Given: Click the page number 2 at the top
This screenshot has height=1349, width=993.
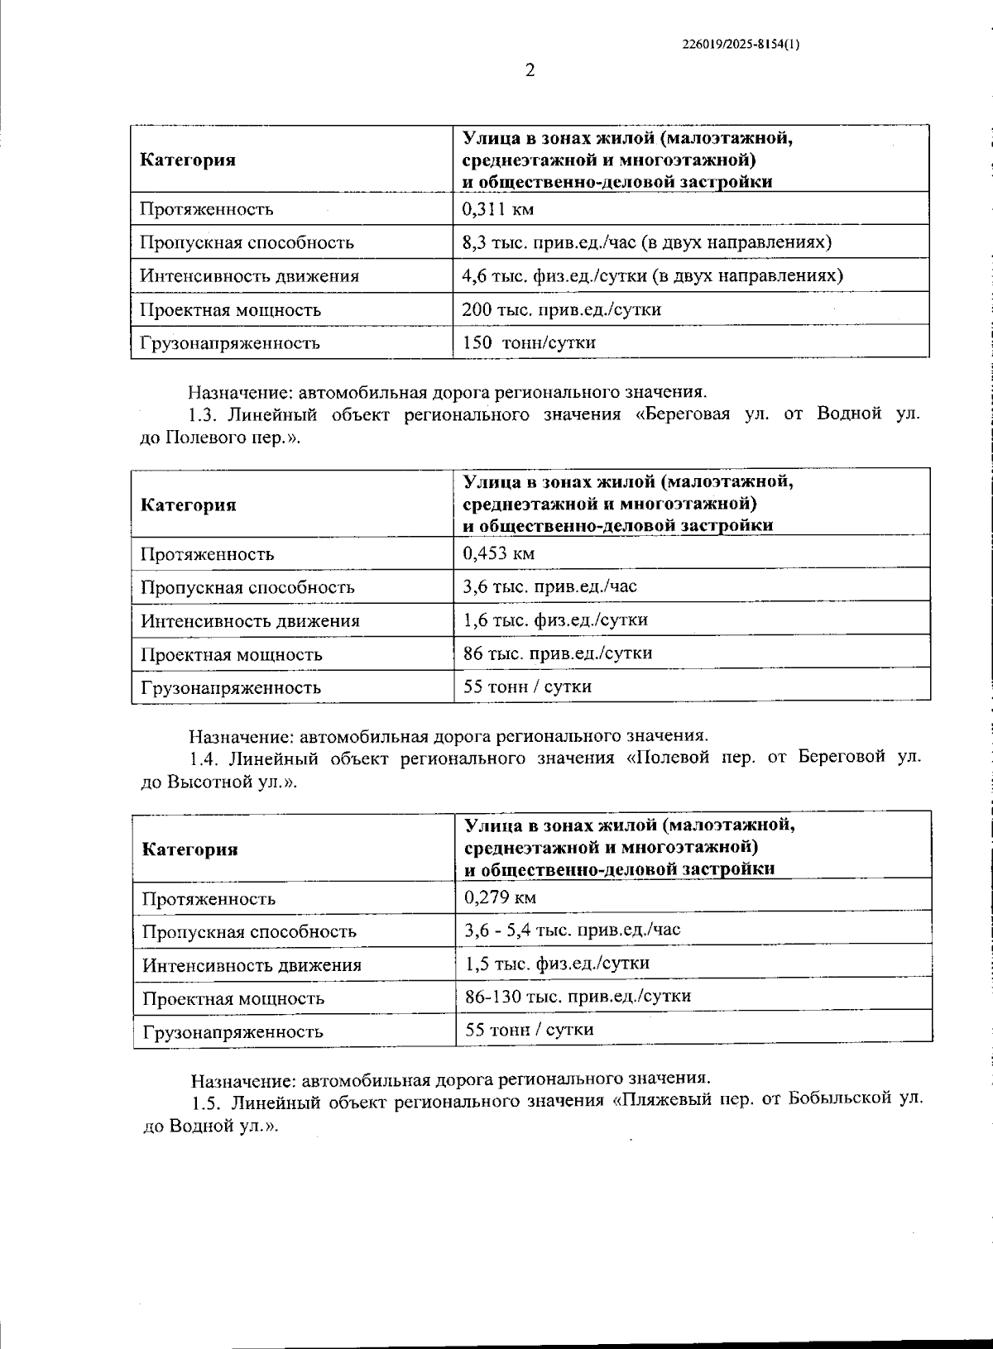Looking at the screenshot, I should (530, 70).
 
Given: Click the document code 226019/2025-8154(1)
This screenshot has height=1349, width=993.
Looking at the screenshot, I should (741, 45).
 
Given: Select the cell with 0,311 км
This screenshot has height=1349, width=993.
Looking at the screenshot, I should (498, 208).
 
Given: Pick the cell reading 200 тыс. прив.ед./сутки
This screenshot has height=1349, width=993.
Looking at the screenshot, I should (561, 309).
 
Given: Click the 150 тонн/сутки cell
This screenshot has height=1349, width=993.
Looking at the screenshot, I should (529, 342).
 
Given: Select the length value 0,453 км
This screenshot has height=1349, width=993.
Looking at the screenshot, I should (499, 553).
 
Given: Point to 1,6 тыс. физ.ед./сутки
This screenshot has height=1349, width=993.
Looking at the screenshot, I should (555, 619).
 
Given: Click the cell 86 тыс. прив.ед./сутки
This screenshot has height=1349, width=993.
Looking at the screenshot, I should (558, 653).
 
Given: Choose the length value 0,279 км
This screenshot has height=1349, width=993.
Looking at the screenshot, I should (501, 897).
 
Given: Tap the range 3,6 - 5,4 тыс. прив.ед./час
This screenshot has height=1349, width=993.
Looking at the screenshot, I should (573, 930).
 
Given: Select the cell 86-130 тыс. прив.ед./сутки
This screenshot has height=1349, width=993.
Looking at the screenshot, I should (578, 996).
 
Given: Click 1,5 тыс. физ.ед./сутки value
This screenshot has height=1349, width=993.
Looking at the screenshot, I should (557, 963).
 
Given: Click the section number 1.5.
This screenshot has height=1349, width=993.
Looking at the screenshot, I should (205, 1103).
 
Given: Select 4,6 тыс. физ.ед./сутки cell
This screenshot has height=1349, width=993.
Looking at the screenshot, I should (652, 275).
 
